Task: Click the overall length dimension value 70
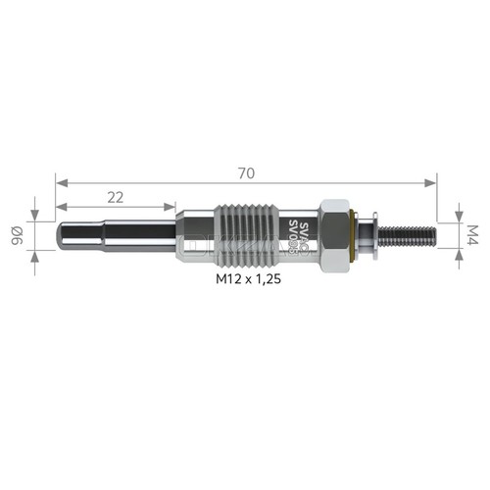pyautogui.click(x=246, y=172)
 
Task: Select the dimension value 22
pyautogui.click(x=115, y=197)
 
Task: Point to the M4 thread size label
pyautogui.click(x=471, y=235)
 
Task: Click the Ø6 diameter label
pyautogui.click(x=17, y=236)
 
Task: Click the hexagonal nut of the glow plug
pyautogui.click(x=333, y=235)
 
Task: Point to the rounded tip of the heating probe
pyautogui.click(x=63, y=236)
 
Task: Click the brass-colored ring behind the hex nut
pyautogui.click(x=354, y=236)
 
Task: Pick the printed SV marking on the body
pyautogui.click(x=294, y=235)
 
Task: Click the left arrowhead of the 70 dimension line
pyautogui.click(x=60, y=182)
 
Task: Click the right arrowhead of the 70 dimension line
pyautogui.click(x=432, y=182)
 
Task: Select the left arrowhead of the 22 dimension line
pyautogui.click(x=60, y=207)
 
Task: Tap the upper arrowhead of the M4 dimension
pyautogui.click(x=459, y=218)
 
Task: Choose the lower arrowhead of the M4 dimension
pyautogui.click(x=459, y=252)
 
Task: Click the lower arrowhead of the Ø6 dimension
pyautogui.click(x=34, y=256)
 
